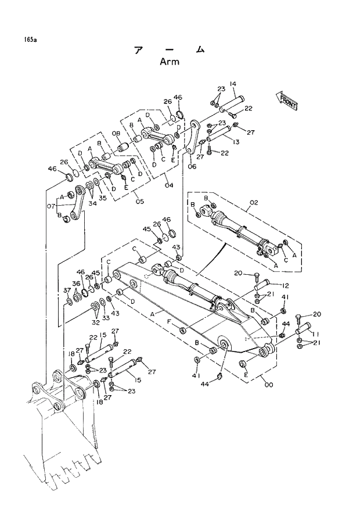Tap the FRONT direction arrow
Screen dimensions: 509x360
click(x=288, y=102)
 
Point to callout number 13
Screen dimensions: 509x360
click(x=236, y=142)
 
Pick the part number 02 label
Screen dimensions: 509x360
click(x=253, y=203)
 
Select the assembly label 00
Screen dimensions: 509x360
click(x=268, y=384)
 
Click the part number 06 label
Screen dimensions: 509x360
click(x=192, y=167)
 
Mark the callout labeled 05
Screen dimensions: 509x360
click(x=139, y=202)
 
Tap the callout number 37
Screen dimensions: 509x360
click(x=67, y=290)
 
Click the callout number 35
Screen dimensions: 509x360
click(x=102, y=198)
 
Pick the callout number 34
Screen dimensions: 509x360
click(x=93, y=203)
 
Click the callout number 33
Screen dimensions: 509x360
click(x=106, y=318)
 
